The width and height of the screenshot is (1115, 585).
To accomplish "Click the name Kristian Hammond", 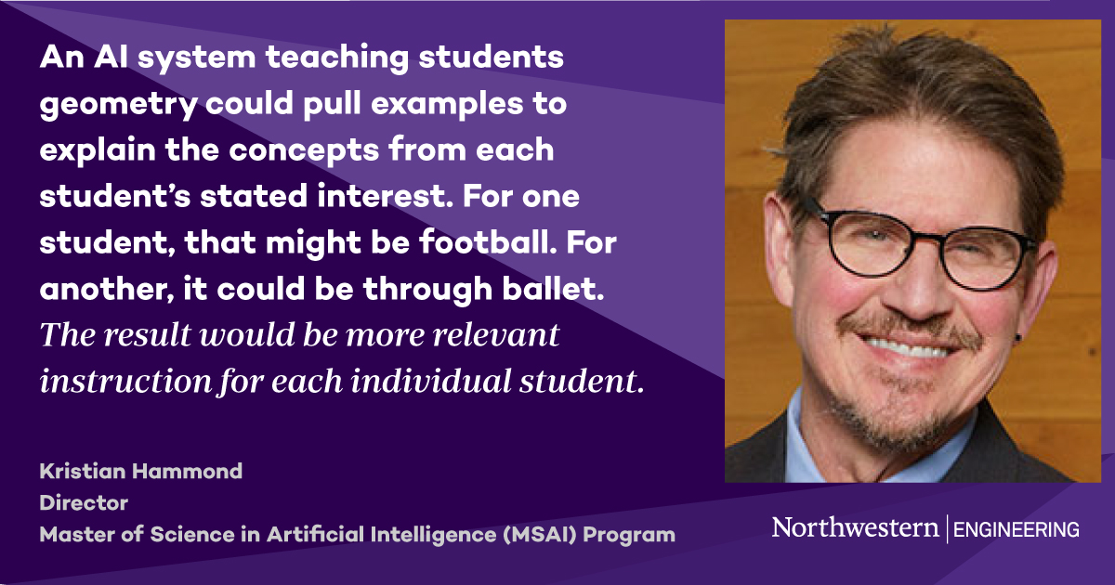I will (x=140, y=471).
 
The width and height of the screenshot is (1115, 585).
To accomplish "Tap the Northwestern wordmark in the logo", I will (x=855, y=528).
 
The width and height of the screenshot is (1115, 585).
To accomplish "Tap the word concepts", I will (x=353, y=149).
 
